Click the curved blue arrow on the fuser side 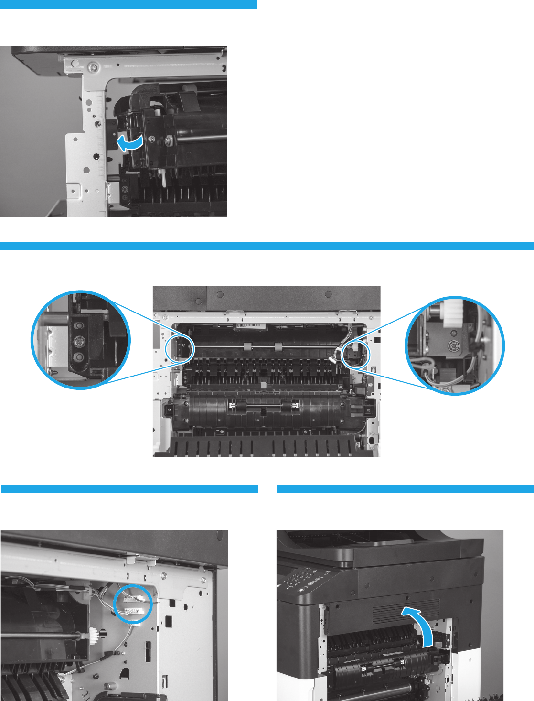pyautogui.click(x=129, y=142)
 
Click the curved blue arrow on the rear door pyautogui.click(x=420, y=621)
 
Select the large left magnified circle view pyautogui.click(x=80, y=340)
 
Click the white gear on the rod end pyautogui.click(x=94, y=636)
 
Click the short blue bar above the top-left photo pyautogui.click(x=129, y=4)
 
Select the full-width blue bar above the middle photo pyautogui.click(x=267, y=246)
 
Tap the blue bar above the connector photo pyautogui.click(x=129, y=489)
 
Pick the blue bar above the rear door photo pyautogui.click(x=405, y=489)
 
